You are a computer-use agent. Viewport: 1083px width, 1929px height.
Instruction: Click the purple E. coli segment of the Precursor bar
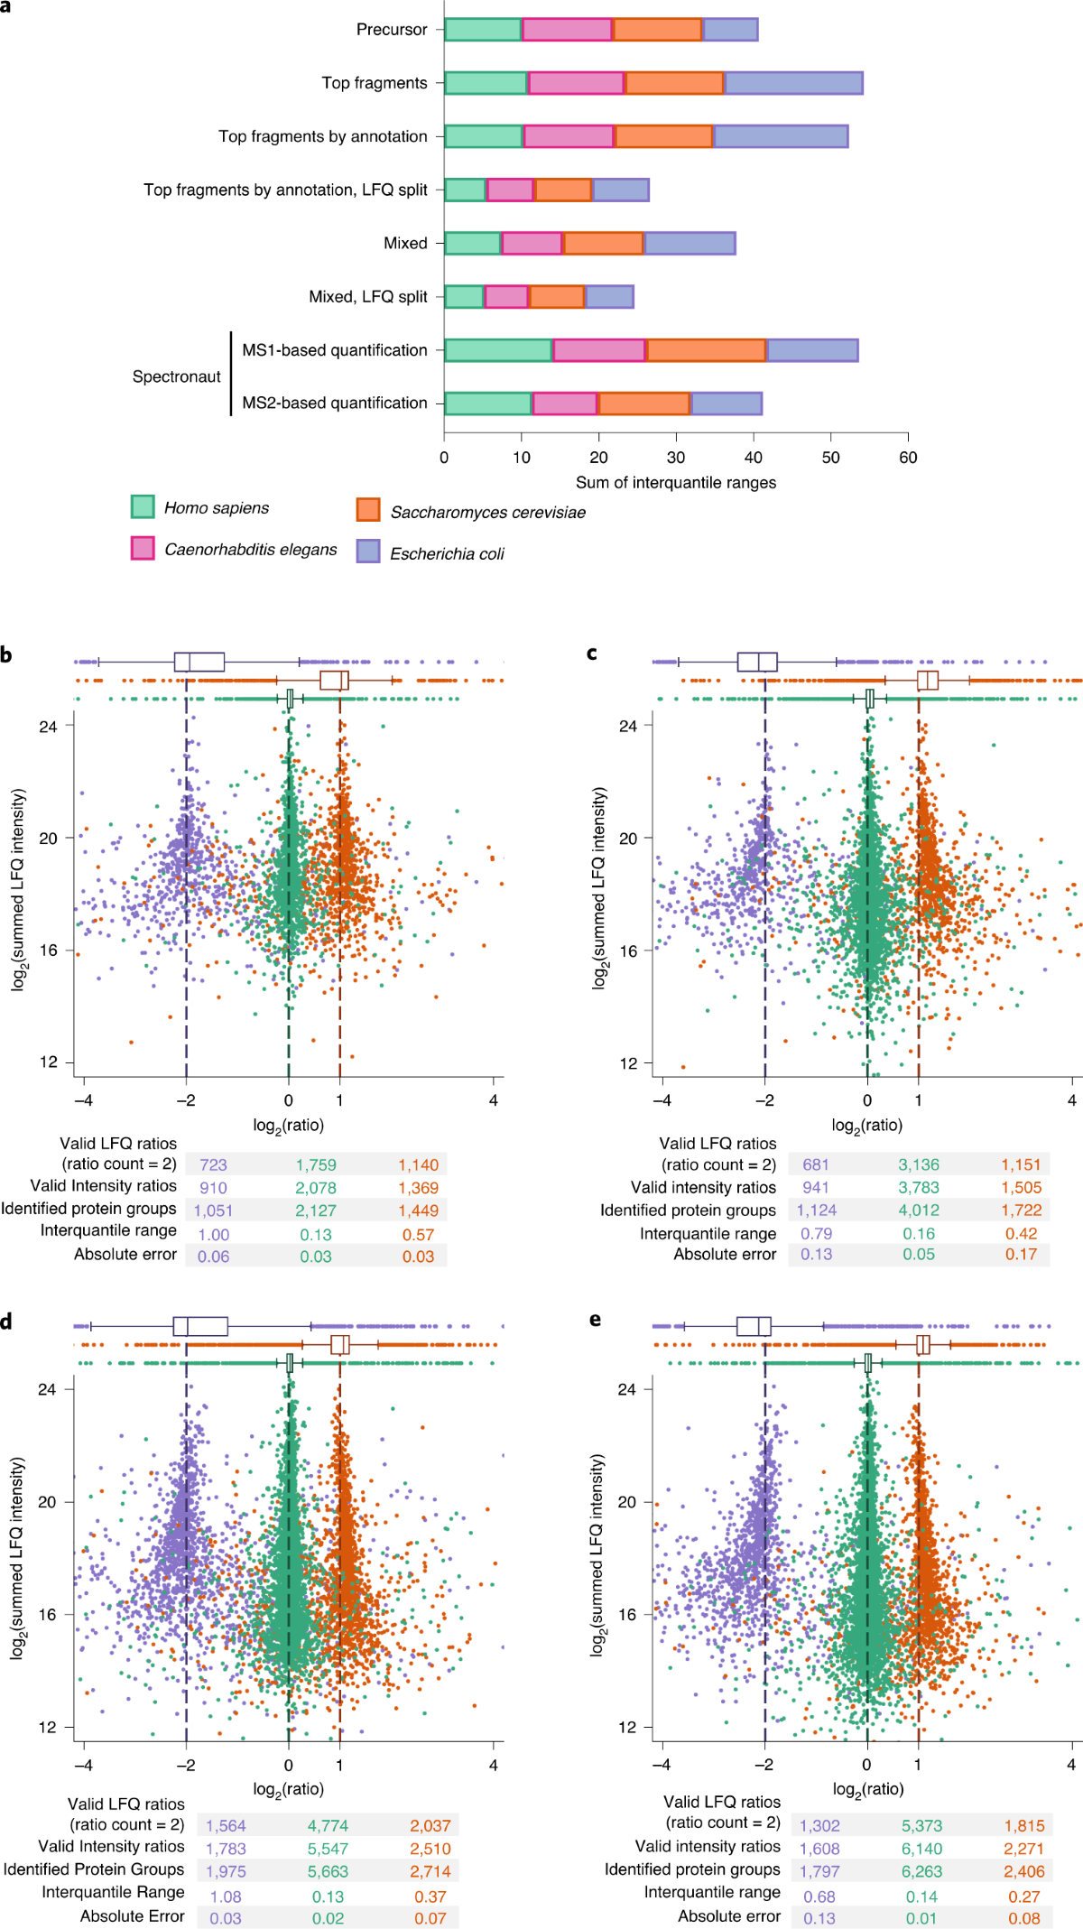[x=730, y=30]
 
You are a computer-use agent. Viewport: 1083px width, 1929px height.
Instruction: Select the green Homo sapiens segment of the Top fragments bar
[x=486, y=83]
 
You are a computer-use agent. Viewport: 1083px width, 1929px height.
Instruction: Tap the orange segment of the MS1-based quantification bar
[x=706, y=350]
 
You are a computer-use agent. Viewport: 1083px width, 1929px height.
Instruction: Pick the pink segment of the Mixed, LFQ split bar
[x=506, y=297]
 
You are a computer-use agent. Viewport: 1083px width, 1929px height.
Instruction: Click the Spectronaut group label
[x=176, y=376]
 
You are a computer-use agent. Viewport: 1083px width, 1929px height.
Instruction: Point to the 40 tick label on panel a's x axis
[x=754, y=458]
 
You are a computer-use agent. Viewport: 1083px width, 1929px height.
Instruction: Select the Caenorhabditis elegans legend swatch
[x=143, y=548]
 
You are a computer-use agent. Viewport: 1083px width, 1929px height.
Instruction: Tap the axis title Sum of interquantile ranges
[x=676, y=483]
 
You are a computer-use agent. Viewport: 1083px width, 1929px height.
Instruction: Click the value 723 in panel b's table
[x=213, y=1165]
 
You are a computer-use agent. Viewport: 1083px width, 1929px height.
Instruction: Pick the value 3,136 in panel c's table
[x=919, y=1165]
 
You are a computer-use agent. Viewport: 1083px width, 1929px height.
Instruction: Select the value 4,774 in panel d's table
[x=328, y=1826]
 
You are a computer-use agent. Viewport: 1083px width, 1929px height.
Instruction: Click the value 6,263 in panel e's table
[x=921, y=1872]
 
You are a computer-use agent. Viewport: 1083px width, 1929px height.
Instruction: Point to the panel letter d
[x=7, y=1322]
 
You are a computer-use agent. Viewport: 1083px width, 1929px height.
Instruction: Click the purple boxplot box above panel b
[x=199, y=662]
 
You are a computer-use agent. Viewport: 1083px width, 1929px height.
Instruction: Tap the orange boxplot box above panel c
[x=928, y=681]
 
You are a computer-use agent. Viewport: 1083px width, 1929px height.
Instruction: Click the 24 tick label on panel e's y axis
[x=627, y=1389]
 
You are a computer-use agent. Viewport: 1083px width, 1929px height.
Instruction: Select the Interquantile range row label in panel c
[x=708, y=1234]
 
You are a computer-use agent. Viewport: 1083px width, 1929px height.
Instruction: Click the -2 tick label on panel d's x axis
[x=186, y=1765]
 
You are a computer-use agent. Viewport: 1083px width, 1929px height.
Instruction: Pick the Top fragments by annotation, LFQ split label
[x=285, y=190]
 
